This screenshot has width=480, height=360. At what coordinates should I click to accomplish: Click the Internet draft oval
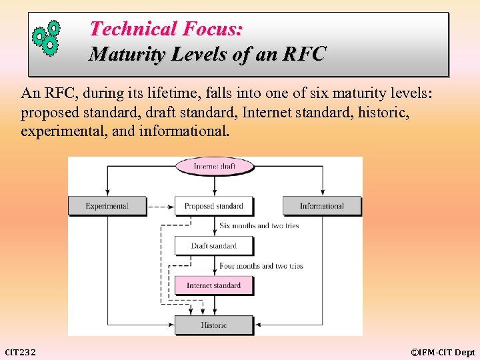pos(214,166)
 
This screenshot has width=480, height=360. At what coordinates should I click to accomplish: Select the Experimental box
pos(107,206)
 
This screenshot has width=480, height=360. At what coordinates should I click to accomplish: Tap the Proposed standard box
pos(214,206)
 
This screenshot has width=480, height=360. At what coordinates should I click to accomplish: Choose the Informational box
pos(321,206)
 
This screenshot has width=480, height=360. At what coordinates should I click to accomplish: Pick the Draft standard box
pos(214,245)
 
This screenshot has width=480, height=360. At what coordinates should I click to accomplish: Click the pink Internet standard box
pos(214,285)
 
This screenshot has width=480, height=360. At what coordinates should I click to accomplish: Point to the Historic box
pos(214,325)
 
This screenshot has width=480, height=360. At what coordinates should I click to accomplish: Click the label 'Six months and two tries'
pos(259,226)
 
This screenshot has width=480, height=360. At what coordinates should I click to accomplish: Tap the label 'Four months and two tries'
pos(261,266)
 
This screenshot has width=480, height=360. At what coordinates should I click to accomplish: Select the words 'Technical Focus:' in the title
pos(166,29)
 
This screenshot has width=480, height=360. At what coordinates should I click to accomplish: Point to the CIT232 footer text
pos(21,351)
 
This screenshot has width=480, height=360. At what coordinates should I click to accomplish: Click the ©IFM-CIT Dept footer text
pos(443,351)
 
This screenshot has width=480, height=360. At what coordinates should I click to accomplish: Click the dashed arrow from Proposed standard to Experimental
pos(161,207)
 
